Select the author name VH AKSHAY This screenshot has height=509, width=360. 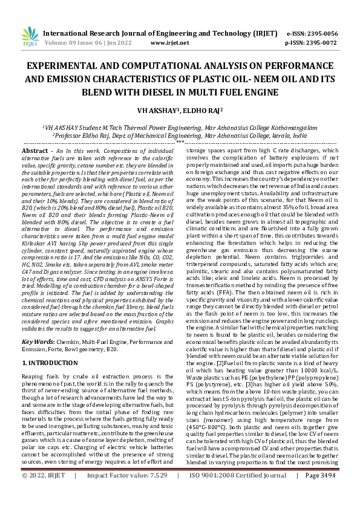tap(166, 111)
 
